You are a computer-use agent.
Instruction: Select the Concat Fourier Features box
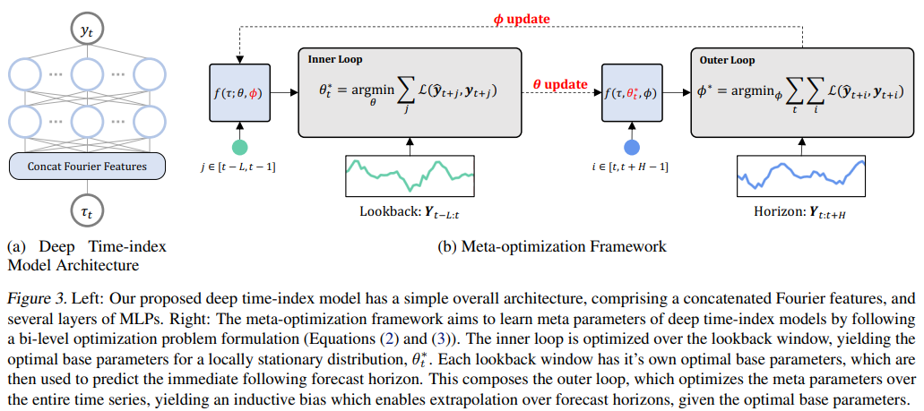[86, 166]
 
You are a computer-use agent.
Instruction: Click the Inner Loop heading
[334, 60]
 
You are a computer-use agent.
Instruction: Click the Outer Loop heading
[727, 60]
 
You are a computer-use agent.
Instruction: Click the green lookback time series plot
[410, 175]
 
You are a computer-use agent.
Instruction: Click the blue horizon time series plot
[801, 175]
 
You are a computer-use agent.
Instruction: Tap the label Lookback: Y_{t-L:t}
[410, 212]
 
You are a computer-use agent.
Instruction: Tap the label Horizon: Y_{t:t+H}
[801, 212]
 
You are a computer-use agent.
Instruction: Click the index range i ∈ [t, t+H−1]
[632, 168]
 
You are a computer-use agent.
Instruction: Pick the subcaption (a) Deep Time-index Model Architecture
[86, 255]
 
